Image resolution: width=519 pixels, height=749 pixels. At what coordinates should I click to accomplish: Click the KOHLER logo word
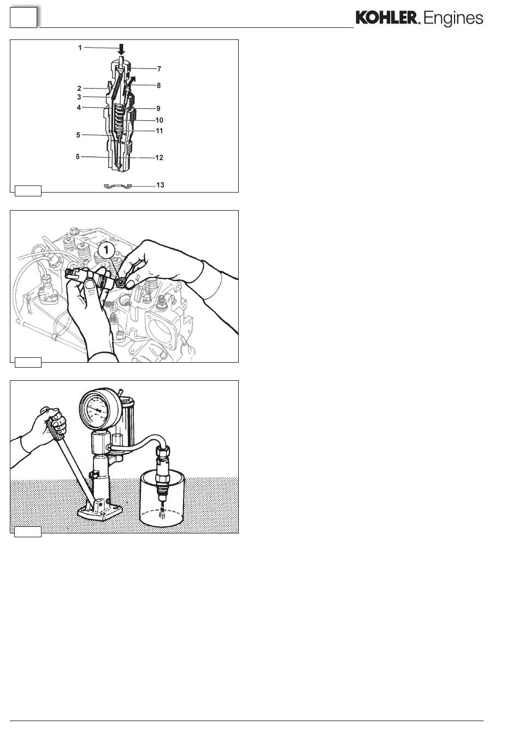(386, 18)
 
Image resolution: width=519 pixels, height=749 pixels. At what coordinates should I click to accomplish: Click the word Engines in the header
(453, 19)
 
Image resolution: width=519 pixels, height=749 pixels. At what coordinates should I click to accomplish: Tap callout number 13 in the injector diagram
(160, 185)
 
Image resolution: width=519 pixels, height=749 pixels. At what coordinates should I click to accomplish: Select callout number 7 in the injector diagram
(159, 69)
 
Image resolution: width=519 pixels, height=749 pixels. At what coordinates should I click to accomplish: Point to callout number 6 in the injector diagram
(78, 156)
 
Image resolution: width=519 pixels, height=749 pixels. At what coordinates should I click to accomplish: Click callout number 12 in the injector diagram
(159, 158)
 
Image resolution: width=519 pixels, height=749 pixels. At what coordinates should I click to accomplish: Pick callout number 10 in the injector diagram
(159, 120)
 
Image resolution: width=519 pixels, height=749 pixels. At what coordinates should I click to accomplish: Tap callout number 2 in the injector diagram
(79, 88)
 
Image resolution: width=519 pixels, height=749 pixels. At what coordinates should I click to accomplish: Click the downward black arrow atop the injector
(122, 49)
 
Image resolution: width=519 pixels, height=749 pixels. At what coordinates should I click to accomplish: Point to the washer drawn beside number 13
(117, 186)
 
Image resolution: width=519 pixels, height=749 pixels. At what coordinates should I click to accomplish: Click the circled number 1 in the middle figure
(107, 250)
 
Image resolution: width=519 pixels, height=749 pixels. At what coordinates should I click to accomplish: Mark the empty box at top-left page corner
(23, 18)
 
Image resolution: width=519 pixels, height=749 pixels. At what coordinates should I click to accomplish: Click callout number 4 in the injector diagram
(79, 107)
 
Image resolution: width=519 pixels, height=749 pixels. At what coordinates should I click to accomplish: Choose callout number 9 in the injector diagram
(158, 108)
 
